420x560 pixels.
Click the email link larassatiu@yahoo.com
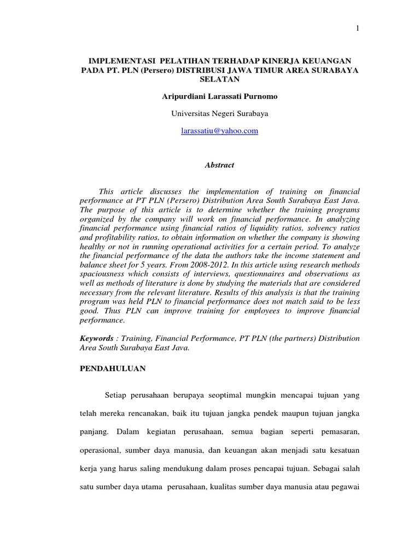pyautogui.click(x=220, y=131)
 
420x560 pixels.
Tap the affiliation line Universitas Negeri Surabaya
pyautogui.click(x=220, y=114)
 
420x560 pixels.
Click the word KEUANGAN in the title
pyautogui.click(x=326, y=60)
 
